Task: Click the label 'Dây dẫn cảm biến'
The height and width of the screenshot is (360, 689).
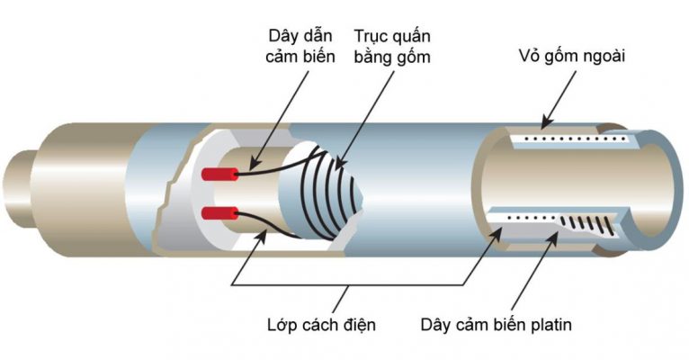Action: [x=300, y=47]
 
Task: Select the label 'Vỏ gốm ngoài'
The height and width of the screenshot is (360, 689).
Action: [x=572, y=57]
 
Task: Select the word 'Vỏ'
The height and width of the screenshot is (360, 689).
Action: [x=532, y=57]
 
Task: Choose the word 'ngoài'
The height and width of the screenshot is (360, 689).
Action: [x=604, y=57]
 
